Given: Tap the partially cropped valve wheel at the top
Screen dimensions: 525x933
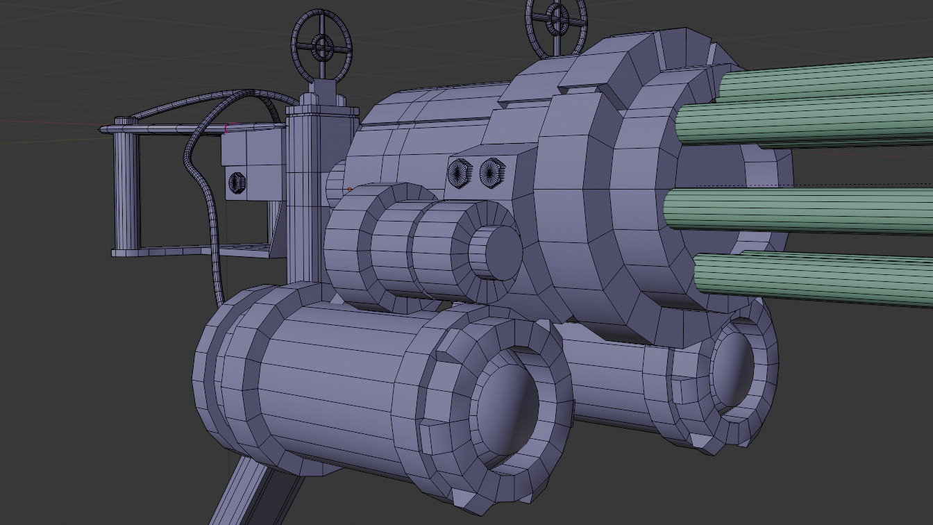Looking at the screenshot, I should (x=555, y=21).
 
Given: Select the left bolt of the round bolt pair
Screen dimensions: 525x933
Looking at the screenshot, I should (x=459, y=170).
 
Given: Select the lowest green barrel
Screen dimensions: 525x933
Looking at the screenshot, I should (x=812, y=278).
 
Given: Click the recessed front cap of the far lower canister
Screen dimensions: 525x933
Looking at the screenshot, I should (x=732, y=372).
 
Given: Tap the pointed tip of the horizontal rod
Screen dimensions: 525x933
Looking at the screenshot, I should (x=104, y=129).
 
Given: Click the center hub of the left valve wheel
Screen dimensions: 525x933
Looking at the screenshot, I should (x=321, y=47).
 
